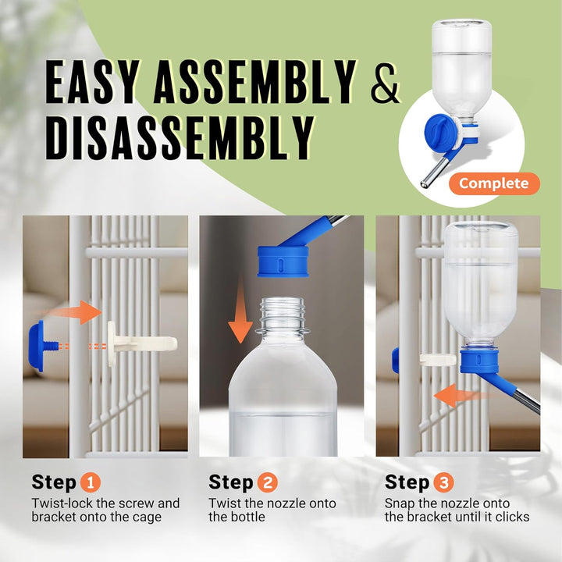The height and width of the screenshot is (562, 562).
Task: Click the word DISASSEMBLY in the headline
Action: [x=180, y=138]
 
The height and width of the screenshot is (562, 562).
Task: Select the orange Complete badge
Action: [x=493, y=183]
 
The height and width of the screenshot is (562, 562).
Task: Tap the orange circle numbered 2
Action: [x=268, y=482]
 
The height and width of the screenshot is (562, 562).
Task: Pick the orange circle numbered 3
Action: [x=444, y=482]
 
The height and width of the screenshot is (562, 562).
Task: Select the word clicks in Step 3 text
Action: [x=510, y=517]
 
